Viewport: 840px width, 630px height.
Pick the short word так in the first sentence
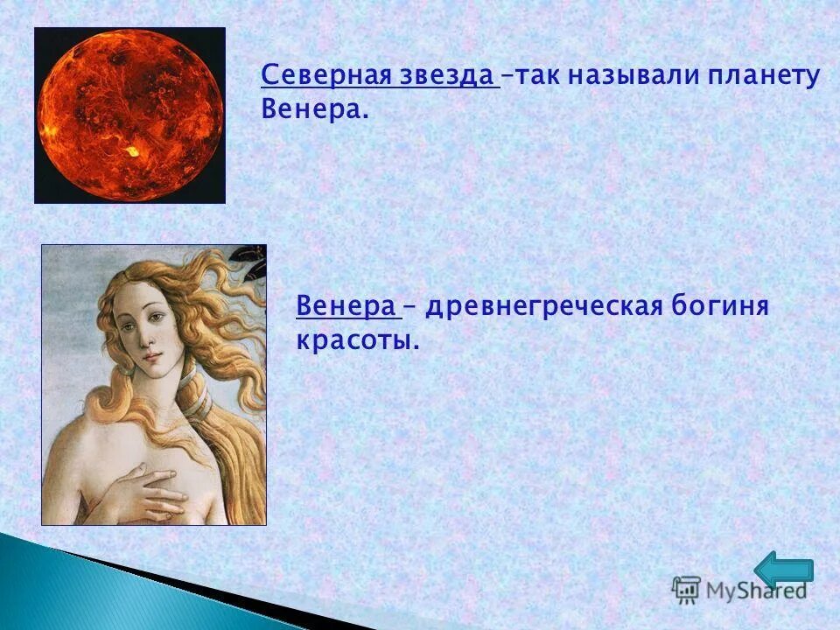[x=535, y=75]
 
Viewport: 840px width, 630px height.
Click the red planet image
[x=129, y=115]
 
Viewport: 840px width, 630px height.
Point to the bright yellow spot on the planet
[x=132, y=151]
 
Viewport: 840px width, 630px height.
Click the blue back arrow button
[x=784, y=570]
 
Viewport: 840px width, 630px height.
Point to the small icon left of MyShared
[x=686, y=589]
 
